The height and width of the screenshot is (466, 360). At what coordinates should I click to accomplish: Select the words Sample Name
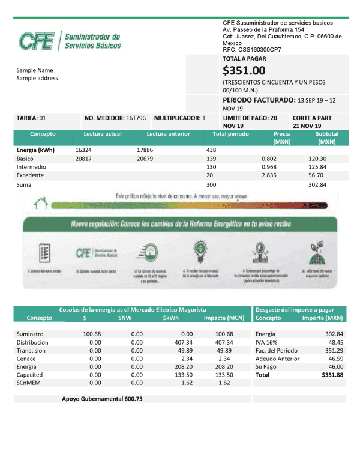[x=35, y=70]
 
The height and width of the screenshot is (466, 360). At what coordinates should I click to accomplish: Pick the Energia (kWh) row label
[x=35, y=150]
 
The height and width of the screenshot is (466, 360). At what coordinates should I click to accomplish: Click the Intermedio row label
[x=31, y=167]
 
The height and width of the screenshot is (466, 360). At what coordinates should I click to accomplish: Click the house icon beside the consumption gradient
[x=41, y=204]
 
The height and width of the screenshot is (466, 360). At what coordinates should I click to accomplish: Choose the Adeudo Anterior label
[x=277, y=359]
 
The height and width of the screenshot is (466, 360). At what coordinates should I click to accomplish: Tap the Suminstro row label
[x=31, y=334]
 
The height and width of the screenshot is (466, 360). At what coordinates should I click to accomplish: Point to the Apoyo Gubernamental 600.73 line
[x=102, y=399]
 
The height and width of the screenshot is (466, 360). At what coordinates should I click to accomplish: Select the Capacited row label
[x=31, y=374]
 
